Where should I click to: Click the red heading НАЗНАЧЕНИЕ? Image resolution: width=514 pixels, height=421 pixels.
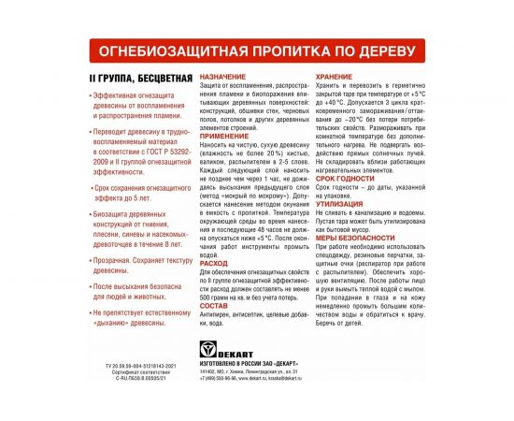pos(223,76)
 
